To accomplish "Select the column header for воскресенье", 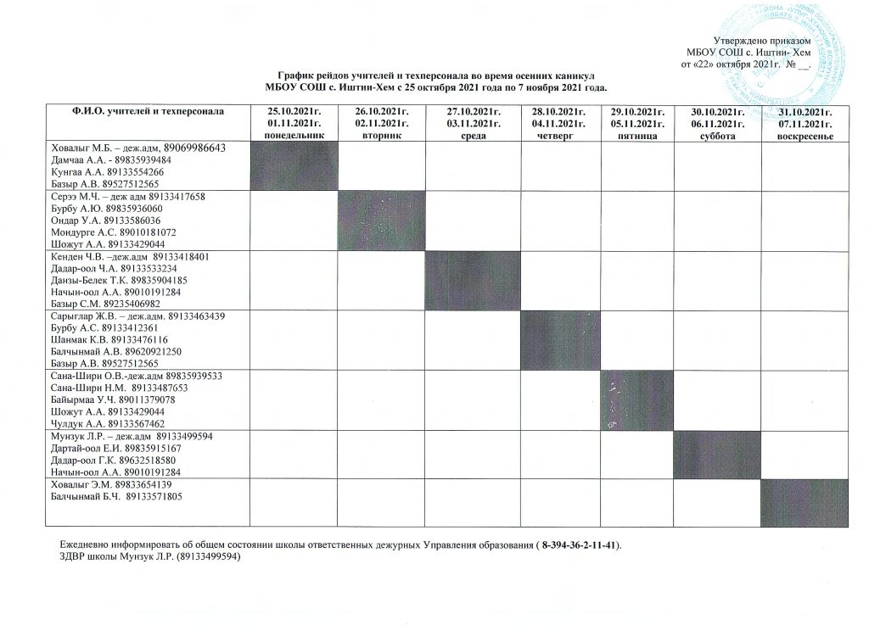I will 804,123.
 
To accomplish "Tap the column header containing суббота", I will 717,123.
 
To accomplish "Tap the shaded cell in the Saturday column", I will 717,454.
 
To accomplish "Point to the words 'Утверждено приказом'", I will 762,42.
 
